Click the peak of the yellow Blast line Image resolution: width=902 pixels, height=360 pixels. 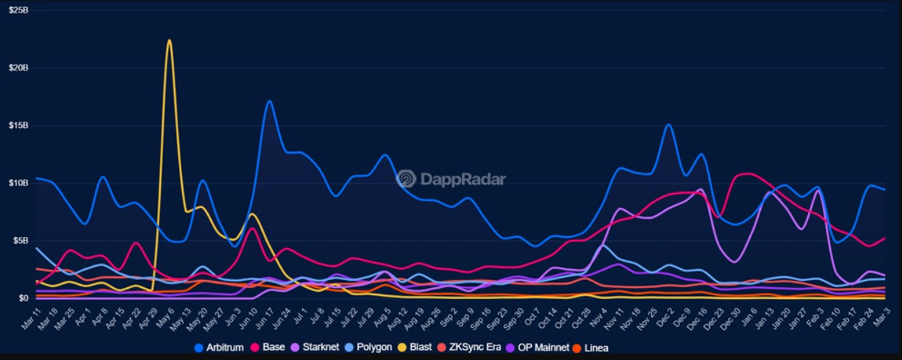click(169, 41)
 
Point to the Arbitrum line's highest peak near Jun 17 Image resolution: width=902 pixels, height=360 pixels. click(269, 101)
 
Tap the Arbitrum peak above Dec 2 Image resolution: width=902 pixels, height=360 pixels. click(668, 125)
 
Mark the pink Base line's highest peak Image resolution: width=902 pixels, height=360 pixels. click(746, 174)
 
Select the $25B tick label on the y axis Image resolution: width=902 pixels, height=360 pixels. click(18, 10)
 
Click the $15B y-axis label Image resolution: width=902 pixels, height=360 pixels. click(18, 125)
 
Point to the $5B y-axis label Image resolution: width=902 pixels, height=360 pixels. click(20, 240)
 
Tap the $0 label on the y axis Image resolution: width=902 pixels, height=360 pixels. click(23, 297)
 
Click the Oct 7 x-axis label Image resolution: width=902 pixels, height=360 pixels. click(532, 319)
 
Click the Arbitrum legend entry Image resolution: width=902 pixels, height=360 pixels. click(224, 348)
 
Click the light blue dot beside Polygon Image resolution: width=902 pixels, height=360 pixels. click(350, 348)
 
